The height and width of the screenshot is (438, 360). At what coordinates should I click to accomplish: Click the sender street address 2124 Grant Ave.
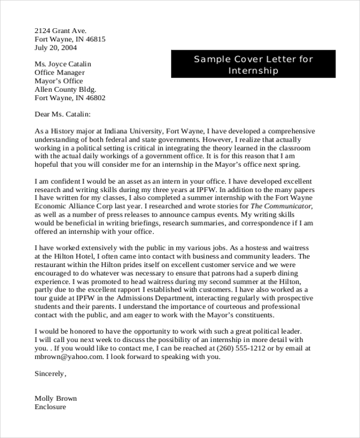pyautogui.click(x=61, y=30)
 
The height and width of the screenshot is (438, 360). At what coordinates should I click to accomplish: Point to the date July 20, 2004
pyautogui.click(x=56, y=48)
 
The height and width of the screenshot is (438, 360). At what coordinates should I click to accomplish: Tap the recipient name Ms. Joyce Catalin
pyautogui.click(x=64, y=63)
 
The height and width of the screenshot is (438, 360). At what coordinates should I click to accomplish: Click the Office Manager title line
pyautogui.click(x=60, y=72)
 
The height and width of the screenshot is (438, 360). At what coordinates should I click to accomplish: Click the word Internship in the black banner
pyautogui.click(x=254, y=70)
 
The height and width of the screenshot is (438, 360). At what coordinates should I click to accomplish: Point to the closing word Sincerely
pyautogui.click(x=50, y=373)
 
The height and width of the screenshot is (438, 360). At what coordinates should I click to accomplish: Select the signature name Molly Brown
pyautogui.click(x=56, y=398)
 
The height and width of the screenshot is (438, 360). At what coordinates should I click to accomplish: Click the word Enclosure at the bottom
pyautogui.click(x=50, y=407)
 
